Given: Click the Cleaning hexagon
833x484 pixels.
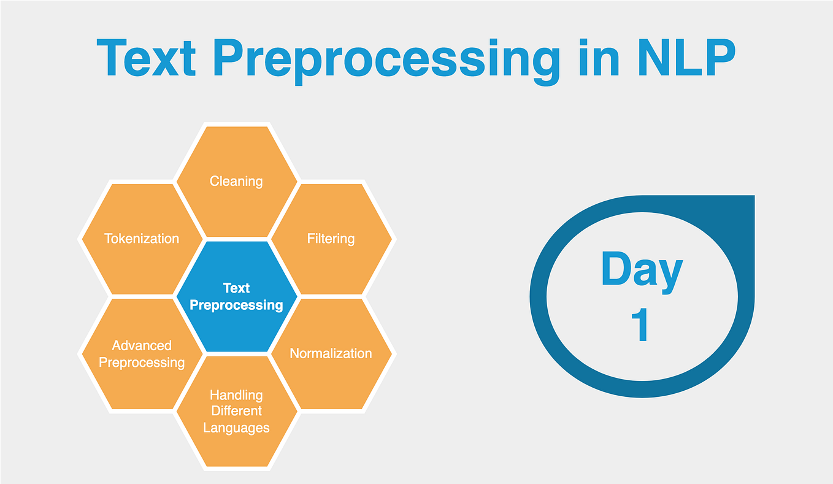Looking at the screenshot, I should pyautogui.click(x=236, y=181).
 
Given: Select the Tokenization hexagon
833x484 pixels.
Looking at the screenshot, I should pyautogui.click(x=142, y=238).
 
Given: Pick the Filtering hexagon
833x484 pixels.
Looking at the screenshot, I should pyautogui.click(x=331, y=238).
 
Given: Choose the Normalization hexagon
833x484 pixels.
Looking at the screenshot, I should pyautogui.click(x=331, y=353).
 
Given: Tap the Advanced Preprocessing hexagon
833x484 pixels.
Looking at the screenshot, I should pyautogui.click(x=142, y=354).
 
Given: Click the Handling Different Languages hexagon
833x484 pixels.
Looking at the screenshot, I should pyautogui.click(x=236, y=411).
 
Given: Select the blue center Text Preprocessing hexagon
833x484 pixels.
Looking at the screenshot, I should pyautogui.click(x=236, y=296).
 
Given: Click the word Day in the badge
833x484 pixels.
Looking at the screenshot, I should pyautogui.click(x=642, y=270).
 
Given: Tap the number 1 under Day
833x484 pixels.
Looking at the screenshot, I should pyautogui.click(x=640, y=325).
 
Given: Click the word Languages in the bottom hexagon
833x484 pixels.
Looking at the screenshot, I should pyautogui.click(x=236, y=428).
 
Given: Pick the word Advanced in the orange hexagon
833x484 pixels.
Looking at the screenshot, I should pyautogui.click(x=142, y=345).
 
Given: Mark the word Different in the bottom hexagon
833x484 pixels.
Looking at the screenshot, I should pyautogui.click(x=236, y=411).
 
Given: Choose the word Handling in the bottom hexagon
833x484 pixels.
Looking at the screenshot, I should pyautogui.click(x=236, y=395).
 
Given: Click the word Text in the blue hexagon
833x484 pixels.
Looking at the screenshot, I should pyautogui.click(x=236, y=288).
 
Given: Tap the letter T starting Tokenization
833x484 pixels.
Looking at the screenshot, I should pyautogui.click(x=108, y=238).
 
